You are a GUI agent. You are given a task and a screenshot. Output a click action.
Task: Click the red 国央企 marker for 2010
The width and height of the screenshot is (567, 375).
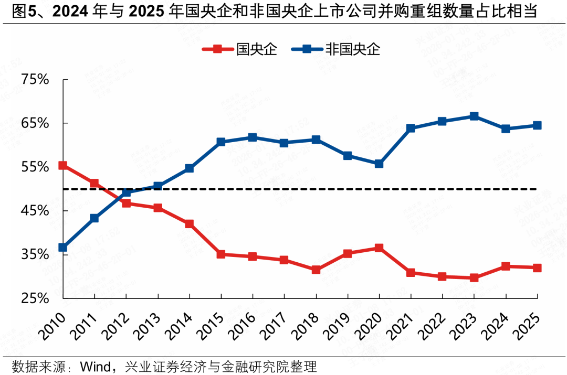[63, 165]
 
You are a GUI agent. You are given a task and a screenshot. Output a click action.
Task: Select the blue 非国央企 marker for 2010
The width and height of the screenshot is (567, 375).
[63, 247]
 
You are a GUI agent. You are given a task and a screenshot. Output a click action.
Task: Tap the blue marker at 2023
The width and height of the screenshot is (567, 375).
[474, 116]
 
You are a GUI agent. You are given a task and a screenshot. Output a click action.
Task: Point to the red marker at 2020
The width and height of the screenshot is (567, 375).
[379, 248]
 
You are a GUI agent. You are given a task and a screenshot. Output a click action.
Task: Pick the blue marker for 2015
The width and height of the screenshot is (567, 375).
[221, 142]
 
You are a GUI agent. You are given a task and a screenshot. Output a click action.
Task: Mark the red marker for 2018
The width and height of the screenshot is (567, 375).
[316, 270]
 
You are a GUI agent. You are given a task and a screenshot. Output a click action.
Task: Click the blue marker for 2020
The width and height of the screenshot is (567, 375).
[379, 164]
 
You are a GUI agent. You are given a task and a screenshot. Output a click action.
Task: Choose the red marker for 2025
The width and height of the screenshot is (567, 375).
[537, 267]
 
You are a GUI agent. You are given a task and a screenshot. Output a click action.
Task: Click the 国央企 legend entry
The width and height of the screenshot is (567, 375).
[239, 49]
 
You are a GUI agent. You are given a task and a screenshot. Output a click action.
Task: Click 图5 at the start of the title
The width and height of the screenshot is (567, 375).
[18, 11]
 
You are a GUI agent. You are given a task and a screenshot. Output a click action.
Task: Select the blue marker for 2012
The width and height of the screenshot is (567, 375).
[126, 192]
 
